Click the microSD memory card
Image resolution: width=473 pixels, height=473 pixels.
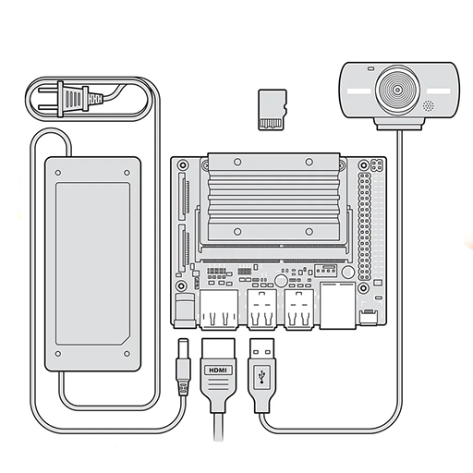[273, 110]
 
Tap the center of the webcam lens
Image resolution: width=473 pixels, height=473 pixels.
[398, 90]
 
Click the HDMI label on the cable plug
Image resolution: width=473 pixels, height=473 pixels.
[218, 370]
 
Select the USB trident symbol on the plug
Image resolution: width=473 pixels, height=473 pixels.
[261, 376]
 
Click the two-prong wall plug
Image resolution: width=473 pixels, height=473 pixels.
[71, 99]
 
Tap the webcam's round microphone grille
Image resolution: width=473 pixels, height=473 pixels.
[429, 106]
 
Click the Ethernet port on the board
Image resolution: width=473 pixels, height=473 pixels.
[338, 305]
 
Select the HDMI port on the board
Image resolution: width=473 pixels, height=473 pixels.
[219, 309]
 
